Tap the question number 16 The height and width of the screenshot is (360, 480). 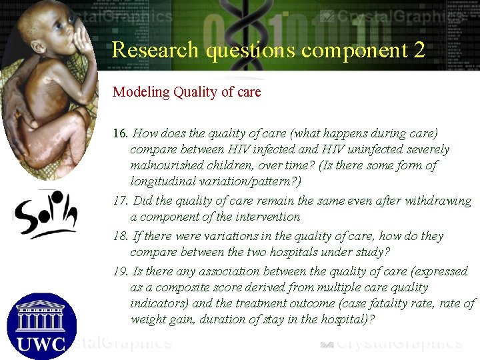(120, 134)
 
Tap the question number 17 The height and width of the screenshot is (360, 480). (120, 201)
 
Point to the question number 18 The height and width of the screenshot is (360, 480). (120, 236)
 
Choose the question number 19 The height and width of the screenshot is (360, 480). (120, 271)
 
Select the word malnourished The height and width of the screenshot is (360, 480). (168, 165)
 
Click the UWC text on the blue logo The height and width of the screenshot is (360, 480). (41, 343)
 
